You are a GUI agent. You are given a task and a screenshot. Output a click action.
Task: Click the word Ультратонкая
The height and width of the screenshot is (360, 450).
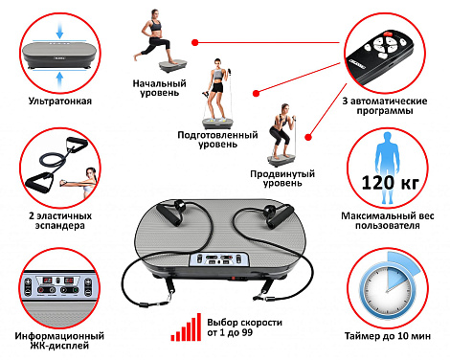pos(60,101)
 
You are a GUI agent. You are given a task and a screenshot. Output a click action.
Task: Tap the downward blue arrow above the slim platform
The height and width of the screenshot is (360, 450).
pos(59,31)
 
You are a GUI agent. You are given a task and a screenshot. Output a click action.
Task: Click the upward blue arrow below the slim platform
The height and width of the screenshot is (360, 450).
pos(59,79)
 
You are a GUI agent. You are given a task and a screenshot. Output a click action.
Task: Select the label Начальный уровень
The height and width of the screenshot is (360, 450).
pos(159,88)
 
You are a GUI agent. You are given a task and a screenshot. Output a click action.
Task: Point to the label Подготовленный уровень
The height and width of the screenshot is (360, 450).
pos(217,139)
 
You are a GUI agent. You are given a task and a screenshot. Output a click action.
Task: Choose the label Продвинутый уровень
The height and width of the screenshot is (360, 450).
pos(282,178)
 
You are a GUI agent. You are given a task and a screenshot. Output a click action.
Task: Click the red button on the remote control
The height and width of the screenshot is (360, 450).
pos(388,34)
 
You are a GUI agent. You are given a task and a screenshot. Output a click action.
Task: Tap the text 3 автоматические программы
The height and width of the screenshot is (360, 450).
pos(385,106)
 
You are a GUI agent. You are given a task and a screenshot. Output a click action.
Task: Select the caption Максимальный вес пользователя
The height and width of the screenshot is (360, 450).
pos(388,220)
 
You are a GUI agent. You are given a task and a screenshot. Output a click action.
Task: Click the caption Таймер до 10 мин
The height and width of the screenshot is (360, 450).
pos(388,336)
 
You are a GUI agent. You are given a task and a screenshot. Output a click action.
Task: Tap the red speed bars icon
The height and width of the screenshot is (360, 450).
pos(186,327)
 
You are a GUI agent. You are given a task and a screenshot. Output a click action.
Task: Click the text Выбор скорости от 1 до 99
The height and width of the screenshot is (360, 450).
pos(244,327)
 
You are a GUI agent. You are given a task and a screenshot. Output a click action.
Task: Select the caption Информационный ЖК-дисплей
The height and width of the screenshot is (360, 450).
pos(59,341)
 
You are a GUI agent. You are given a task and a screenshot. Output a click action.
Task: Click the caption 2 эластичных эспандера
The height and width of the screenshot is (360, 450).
pos(60,220)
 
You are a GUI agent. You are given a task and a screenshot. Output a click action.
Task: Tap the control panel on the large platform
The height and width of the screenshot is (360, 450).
pos(219,259)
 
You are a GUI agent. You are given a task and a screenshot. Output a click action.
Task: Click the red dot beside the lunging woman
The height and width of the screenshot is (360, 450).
pos(195,42)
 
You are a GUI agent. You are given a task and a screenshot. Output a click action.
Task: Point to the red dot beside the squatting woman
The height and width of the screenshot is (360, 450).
pos(308,137)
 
